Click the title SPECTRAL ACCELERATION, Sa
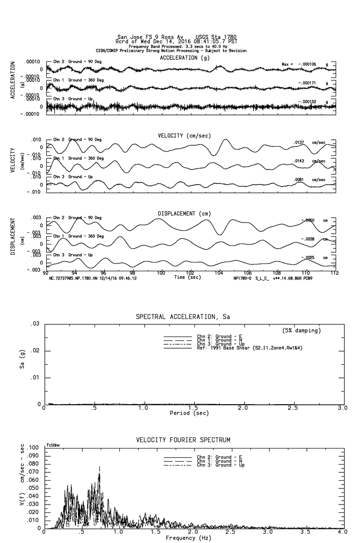pos(183,317)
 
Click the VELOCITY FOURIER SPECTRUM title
pos(183,440)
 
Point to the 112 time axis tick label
pos(335,273)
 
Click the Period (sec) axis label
pos(189,413)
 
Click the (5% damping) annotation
pos(302,331)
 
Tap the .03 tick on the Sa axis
pos(35,324)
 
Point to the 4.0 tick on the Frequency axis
pos(342,532)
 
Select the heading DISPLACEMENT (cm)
pos(183,214)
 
